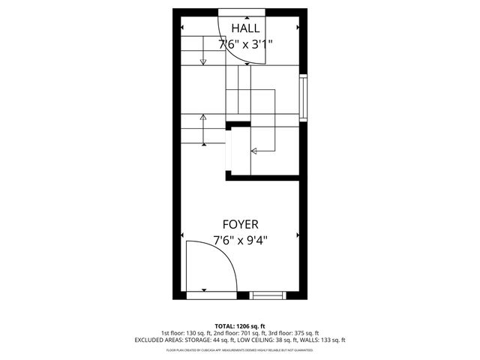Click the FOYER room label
240,224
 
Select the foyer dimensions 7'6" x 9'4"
240,241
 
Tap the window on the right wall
303,97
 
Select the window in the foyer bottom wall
268,295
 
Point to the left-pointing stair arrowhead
253,151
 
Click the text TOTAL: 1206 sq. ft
240,326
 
